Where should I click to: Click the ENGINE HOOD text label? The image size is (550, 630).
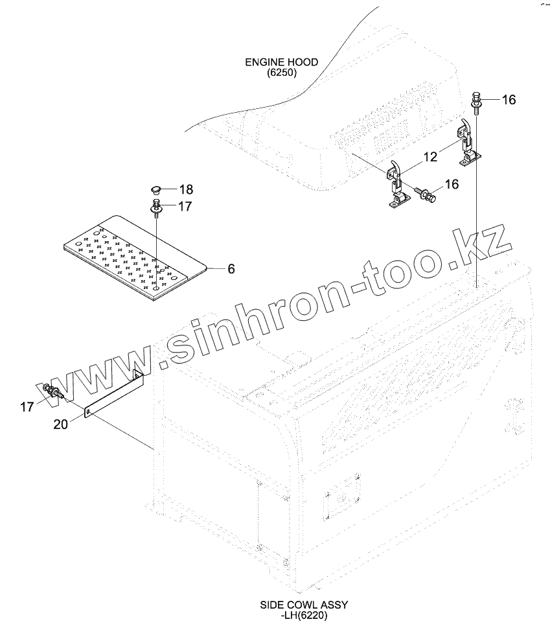click(281, 62)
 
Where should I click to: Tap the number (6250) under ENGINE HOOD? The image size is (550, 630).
click(281, 73)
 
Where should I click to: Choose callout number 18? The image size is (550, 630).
click(186, 189)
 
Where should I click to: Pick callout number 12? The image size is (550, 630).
click(430, 157)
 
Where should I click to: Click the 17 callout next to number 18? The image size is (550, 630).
click(185, 207)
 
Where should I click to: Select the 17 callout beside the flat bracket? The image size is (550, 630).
click(27, 407)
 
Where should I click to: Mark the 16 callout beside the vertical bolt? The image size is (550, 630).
click(509, 100)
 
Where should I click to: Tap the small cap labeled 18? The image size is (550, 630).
click(155, 190)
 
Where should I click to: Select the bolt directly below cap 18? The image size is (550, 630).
click(157, 209)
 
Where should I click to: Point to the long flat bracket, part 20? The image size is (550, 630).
click(113, 395)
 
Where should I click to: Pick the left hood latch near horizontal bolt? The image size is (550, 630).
click(396, 185)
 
